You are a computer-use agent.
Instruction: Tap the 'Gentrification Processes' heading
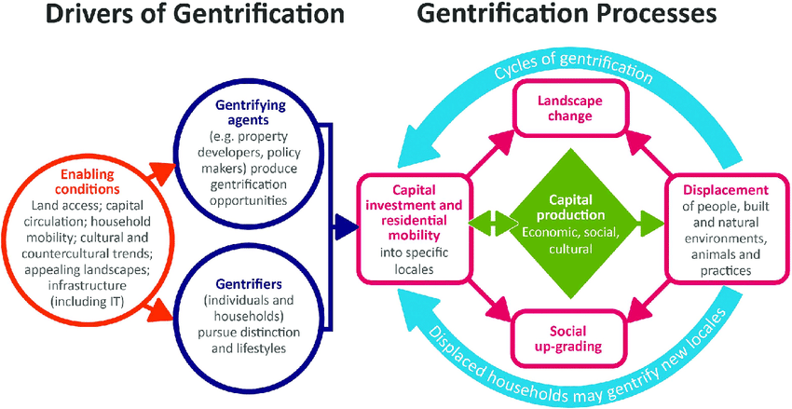(x=567, y=16)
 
